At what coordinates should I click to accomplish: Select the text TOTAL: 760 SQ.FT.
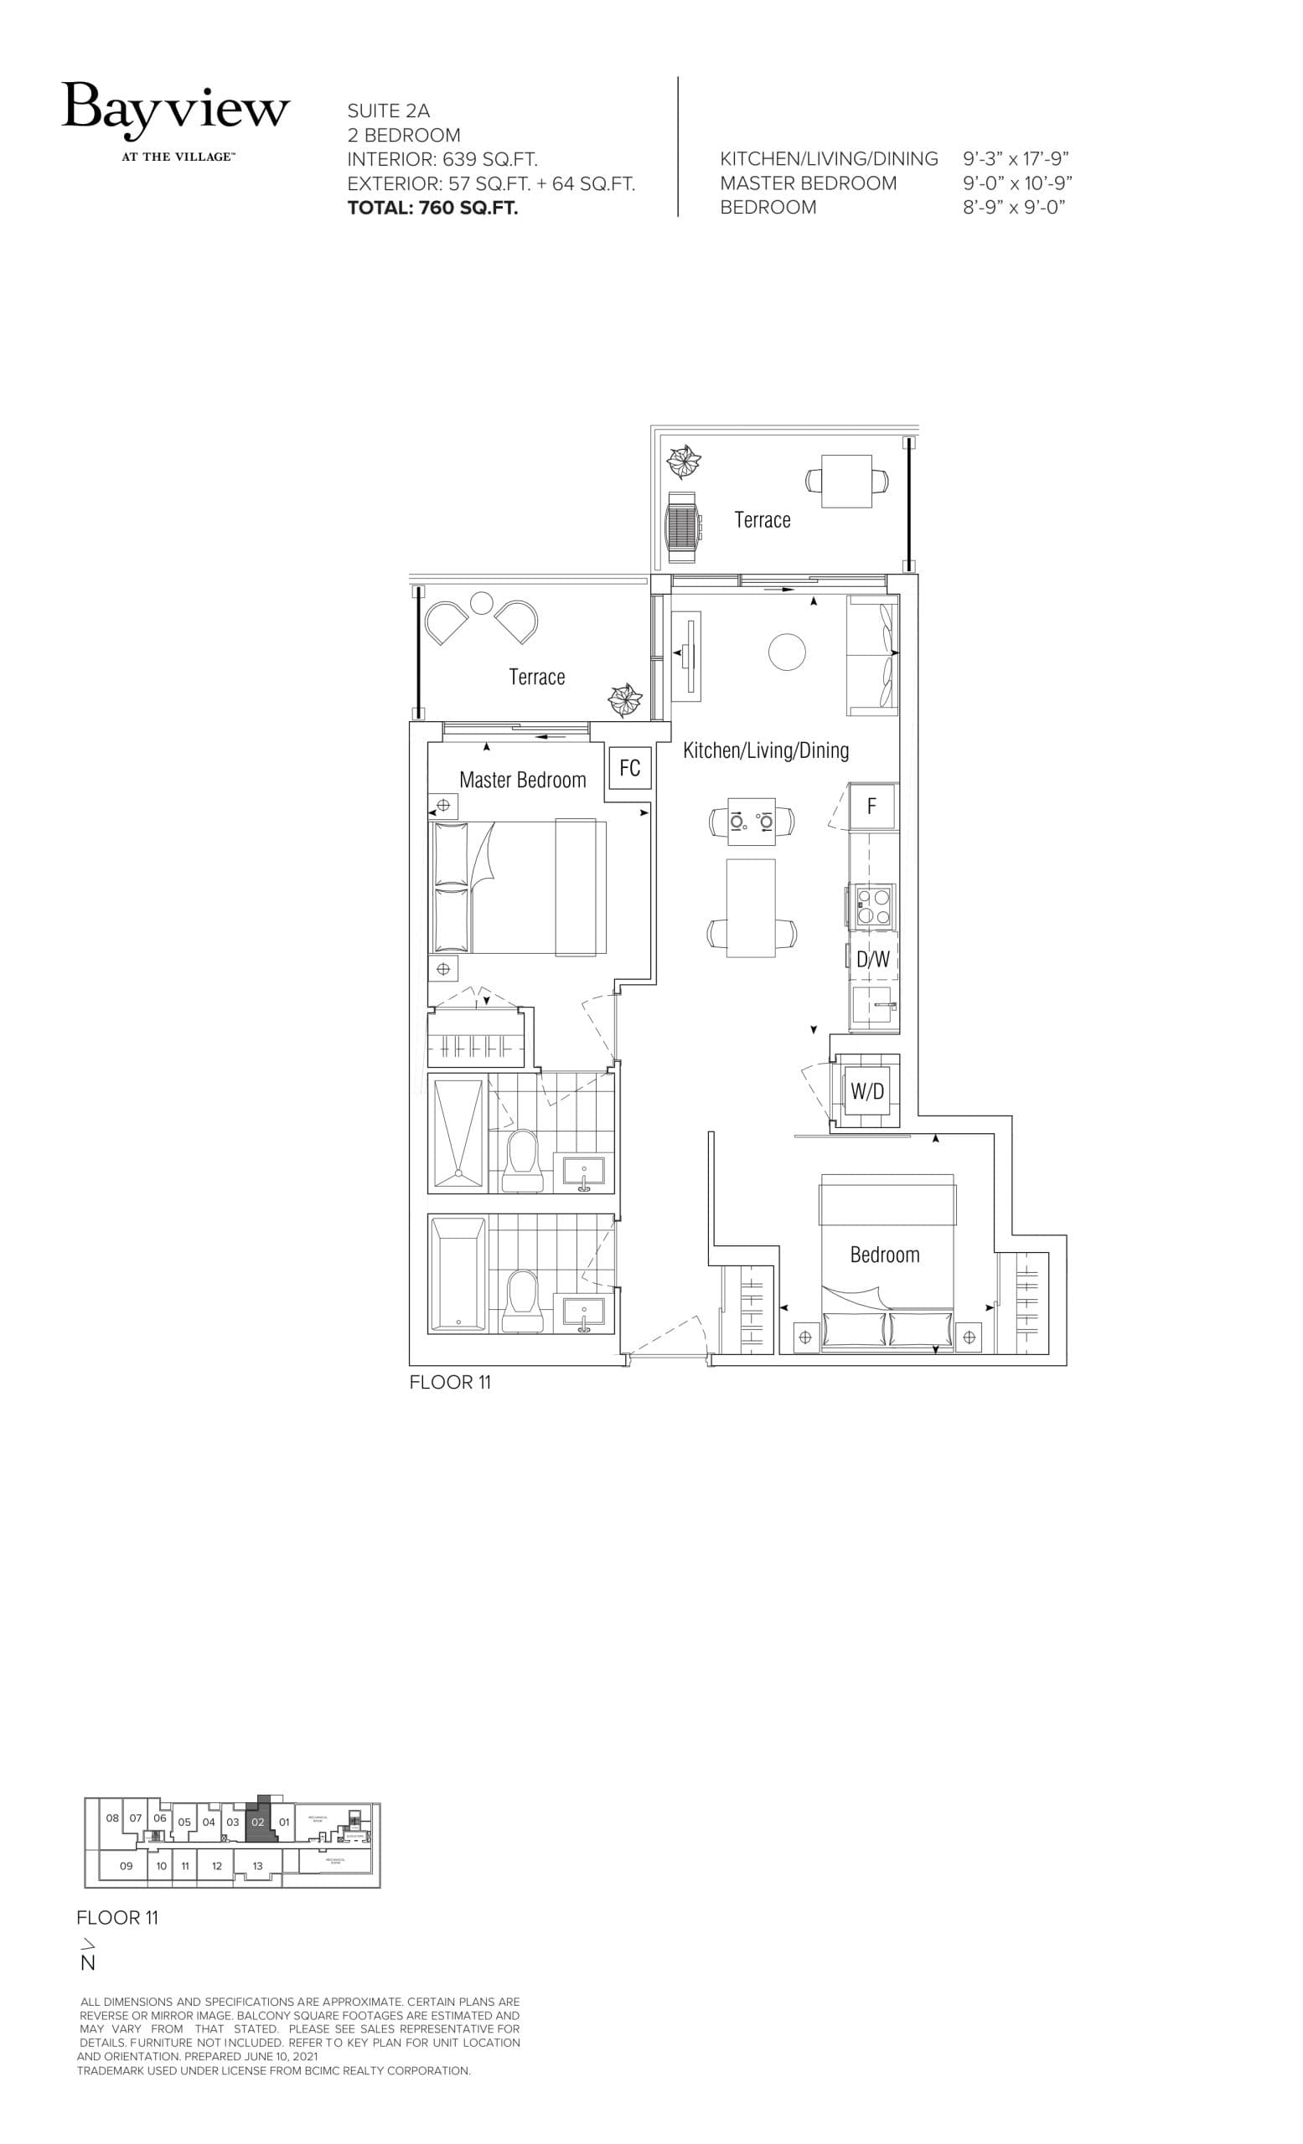[432, 208]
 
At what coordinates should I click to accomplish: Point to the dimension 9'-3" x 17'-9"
[1016, 159]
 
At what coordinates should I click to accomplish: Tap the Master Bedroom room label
[522, 780]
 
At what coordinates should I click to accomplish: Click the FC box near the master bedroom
[629, 767]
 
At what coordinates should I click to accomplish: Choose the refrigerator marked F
[871, 807]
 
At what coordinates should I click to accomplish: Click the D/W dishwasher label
[873, 959]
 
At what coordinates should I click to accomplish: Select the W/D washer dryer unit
[867, 1091]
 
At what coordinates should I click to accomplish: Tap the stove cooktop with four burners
[873, 905]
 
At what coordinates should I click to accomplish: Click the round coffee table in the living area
[787, 652]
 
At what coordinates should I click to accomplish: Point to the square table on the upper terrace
[847, 482]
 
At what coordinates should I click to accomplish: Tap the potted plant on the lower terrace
[624, 699]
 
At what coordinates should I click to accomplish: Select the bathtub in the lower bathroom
[457, 1275]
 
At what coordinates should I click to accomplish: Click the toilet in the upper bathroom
[524, 1160]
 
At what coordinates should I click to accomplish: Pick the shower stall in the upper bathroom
[457, 1133]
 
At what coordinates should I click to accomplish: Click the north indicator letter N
[88, 1962]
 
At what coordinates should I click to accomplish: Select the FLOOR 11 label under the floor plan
[450, 1383]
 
